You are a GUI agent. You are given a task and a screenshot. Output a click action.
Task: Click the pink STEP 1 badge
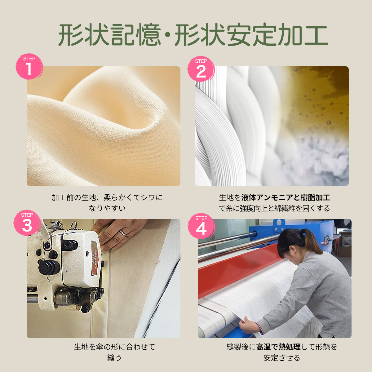[x=29, y=66]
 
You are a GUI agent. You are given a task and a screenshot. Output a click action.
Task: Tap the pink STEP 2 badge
[x=201, y=69]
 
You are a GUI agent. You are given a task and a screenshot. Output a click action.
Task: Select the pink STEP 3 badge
[x=27, y=223]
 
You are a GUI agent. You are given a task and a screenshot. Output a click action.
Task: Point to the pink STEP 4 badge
[x=201, y=226]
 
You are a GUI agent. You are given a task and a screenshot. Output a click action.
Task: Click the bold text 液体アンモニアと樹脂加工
[x=286, y=197]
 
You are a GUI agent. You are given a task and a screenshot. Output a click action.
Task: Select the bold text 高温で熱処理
[x=278, y=347]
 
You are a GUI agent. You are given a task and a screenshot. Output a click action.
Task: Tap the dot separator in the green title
[x=168, y=35]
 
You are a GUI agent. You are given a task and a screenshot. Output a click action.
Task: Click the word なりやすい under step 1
[x=107, y=208]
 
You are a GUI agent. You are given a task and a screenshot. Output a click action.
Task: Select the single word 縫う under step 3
[x=114, y=358]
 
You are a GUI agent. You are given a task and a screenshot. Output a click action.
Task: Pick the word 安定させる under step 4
[x=282, y=358]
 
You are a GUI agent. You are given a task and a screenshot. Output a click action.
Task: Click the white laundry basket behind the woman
[x=347, y=240]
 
